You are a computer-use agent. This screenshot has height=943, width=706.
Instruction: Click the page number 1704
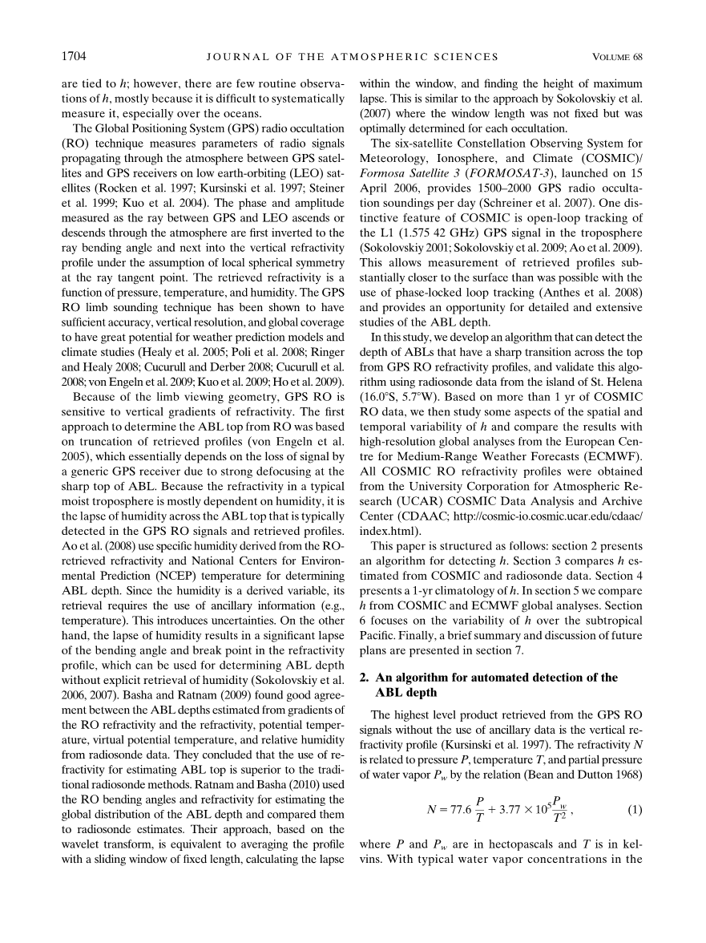[75, 56]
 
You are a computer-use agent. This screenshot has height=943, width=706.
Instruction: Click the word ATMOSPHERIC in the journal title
[399, 57]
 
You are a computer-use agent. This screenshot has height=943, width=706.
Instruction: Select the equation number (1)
[635, 810]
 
